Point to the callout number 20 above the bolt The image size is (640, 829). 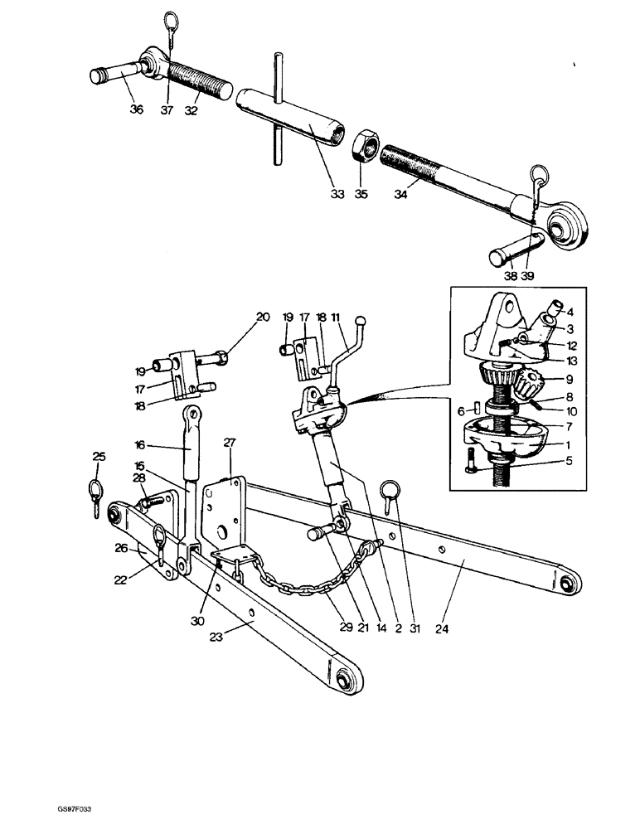pyautogui.click(x=263, y=317)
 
